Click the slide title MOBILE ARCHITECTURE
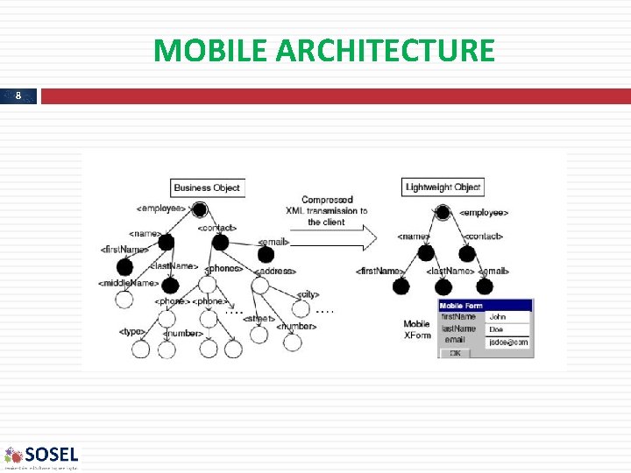point(323,51)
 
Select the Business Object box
point(206,187)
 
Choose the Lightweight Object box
point(443,187)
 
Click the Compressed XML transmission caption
point(326,210)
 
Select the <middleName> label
point(129,283)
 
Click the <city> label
point(308,294)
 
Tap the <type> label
point(132,332)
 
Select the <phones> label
point(224,268)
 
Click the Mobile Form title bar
point(485,306)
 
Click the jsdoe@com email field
point(508,342)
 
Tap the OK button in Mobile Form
point(454,353)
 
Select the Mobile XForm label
point(417,329)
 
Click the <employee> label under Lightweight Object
point(484,213)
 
